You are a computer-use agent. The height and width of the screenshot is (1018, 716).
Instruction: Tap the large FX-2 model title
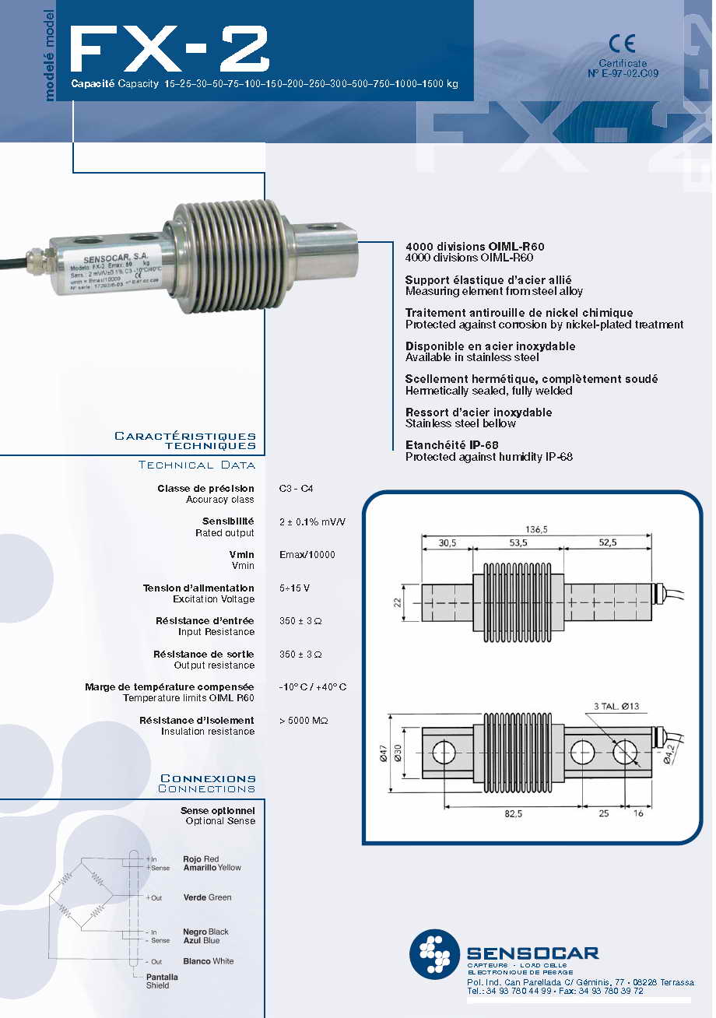[169, 51]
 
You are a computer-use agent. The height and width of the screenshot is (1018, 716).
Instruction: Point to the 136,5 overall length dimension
[535, 529]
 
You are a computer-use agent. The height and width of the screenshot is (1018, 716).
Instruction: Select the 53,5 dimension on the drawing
[518, 542]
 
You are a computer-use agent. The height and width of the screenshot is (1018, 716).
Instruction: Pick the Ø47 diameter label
[383, 753]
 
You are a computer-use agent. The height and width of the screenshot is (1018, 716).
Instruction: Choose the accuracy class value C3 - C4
[297, 489]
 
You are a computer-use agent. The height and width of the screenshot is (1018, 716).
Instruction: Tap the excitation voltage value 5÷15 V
[297, 588]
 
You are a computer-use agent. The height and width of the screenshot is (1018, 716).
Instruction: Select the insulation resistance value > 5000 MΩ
[304, 721]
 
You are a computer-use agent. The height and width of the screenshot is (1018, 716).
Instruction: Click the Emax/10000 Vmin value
[307, 555]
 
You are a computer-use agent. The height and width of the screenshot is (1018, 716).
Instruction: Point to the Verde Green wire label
[207, 897]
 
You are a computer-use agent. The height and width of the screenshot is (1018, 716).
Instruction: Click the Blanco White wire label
[208, 961]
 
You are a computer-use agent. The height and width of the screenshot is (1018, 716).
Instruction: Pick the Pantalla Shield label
[162, 981]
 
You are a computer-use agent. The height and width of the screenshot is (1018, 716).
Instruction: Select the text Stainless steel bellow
[461, 423]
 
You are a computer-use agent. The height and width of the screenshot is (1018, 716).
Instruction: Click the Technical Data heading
[196, 465]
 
